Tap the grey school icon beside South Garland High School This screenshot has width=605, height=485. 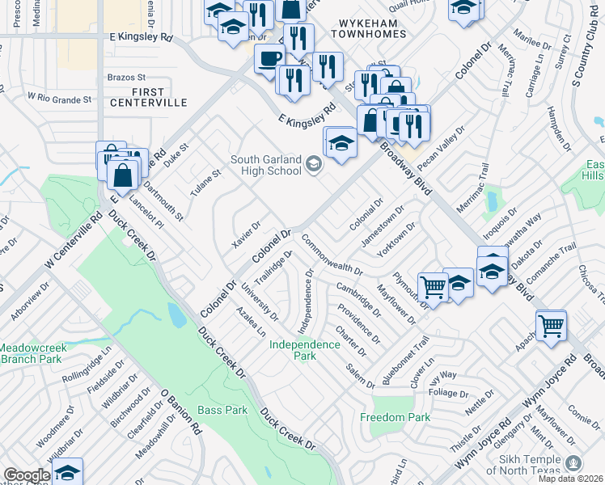click(313, 165)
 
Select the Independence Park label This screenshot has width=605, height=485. click(305, 350)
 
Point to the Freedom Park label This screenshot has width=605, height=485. click(396, 417)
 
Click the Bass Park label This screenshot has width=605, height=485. click(222, 410)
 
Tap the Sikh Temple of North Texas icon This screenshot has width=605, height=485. click(573, 463)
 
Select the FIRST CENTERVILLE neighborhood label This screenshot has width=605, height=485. click(148, 97)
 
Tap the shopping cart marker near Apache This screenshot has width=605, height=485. click(551, 326)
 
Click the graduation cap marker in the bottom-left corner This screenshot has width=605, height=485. click(68, 471)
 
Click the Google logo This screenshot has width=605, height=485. click(27, 475)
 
